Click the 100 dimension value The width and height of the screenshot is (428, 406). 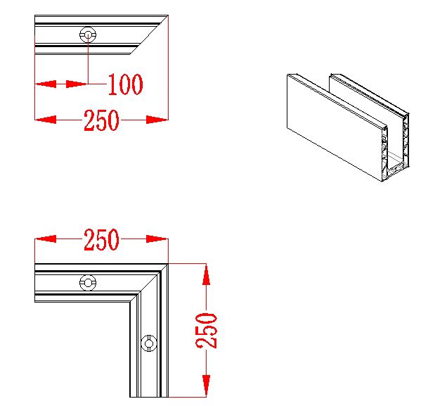pyautogui.click(x=125, y=84)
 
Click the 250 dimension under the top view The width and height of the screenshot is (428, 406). pyautogui.click(x=101, y=120)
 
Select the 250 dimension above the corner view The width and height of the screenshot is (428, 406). pyautogui.click(x=101, y=239)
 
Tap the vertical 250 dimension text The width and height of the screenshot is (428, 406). pyautogui.click(x=207, y=331)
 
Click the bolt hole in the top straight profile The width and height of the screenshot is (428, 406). pyautogui.click(x=88, y=34)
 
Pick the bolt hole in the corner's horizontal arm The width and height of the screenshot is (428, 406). pyautogui.click(x=88, y=282)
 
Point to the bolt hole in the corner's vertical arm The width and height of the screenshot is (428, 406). pyautogui.click(x=149, y=343)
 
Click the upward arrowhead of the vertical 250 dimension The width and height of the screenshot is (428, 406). pyautogui.click(x=207, y=274)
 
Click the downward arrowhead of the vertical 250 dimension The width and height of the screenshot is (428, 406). pyautogui.click(x=207, y=386)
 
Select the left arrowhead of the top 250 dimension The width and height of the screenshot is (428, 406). pyautogui.click(x=46, y=120)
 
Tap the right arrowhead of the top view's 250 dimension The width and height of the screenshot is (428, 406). pyautogui.click(x=157, y=120)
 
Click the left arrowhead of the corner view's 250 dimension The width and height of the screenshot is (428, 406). pyautogui.click(x=46, y=239)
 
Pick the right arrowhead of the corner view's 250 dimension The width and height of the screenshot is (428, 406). pyautogui.click(x=157, y=239)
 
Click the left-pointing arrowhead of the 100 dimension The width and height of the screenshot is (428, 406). pyautogui.click(x=46, y=84)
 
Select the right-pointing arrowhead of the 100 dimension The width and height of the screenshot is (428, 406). pyautogui.click(x=77, y=84)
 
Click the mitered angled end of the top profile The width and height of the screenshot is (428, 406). pyautogui.click(x=149, y=34)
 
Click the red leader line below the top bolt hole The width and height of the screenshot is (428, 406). pyautogui.click(x=88, y=59)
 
